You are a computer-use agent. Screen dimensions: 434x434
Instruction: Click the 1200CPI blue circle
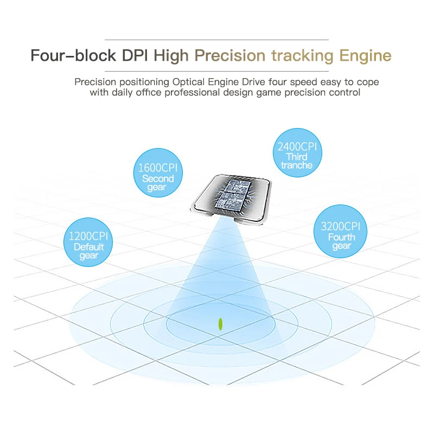coord(88,242)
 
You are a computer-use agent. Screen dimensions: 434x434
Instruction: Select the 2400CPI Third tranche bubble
coord(297,152)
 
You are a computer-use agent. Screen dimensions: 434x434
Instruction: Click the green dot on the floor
coord(220,324)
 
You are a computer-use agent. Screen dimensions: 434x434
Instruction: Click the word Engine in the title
coord(365,56)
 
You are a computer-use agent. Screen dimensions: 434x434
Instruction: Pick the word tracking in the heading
coord(303,56)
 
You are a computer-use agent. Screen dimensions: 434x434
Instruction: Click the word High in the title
coord(172,56)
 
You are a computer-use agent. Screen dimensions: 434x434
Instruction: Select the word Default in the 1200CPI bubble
coord(89,247)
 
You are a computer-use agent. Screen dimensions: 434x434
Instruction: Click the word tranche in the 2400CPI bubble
coord(297,165)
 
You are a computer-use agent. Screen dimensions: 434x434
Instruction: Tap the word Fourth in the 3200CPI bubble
coord(342,237)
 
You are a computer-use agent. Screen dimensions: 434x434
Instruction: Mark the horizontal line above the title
coord(217,40)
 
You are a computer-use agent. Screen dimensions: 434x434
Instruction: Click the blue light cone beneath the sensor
coord(220,271)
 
